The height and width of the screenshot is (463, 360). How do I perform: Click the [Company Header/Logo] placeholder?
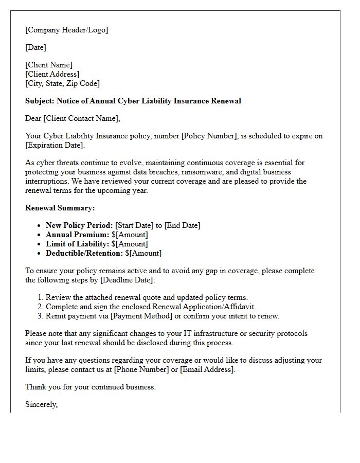point(67,30)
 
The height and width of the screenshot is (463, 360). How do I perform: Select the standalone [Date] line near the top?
point(35,47)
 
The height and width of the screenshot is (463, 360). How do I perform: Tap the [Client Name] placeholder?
point(49,65)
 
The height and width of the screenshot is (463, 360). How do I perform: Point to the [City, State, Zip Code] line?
point(62,83)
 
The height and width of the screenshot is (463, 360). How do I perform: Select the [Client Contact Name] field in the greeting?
point(81,118)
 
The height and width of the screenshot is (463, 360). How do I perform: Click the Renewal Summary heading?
point(60,208)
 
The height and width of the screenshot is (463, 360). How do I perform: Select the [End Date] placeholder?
point(182,225)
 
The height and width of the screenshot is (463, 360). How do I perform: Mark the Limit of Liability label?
point(78,244)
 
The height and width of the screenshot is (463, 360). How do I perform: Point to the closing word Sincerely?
point(41,404)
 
